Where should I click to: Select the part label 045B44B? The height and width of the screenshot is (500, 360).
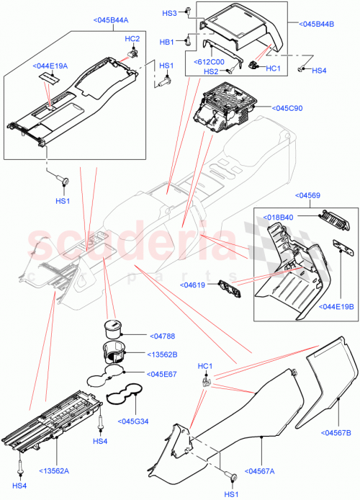click(x=318, y=24)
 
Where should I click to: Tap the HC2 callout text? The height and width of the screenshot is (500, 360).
click(x=132, y=38)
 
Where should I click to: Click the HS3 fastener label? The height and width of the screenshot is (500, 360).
click(x=169, y=13)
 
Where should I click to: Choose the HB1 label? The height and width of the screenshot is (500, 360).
click(x=166, y=43)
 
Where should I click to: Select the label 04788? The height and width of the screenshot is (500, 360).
click(x=164, y=335)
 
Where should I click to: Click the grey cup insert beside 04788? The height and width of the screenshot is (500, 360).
click(x=114, y=328)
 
